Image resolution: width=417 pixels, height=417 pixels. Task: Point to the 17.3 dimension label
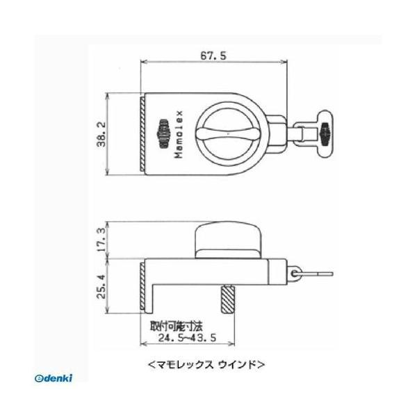102,240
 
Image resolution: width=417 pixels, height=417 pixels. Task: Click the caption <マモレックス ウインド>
207,363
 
